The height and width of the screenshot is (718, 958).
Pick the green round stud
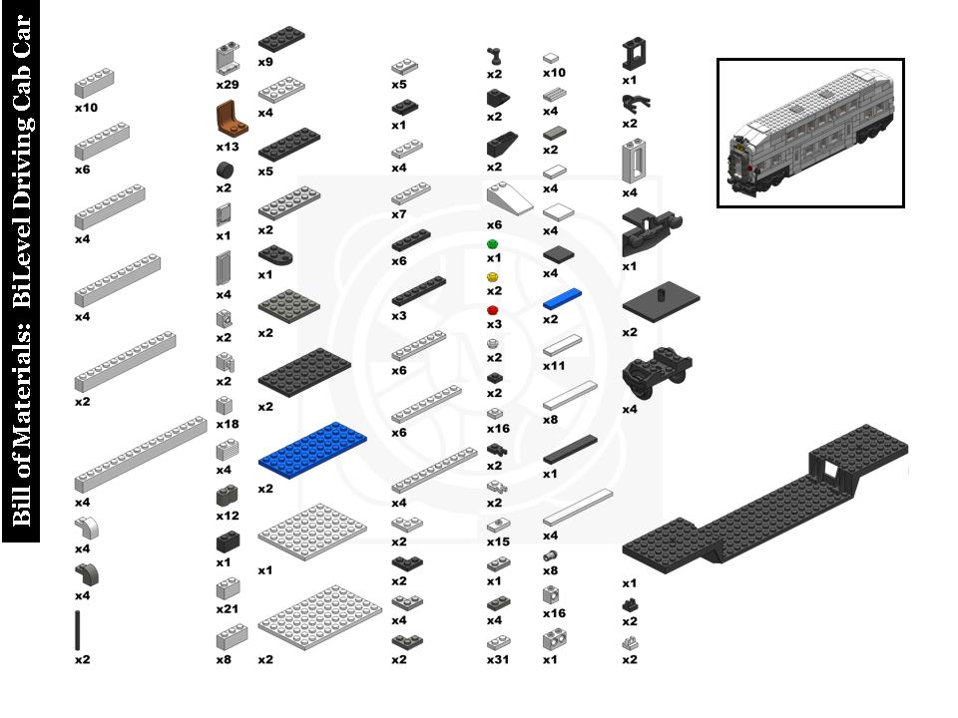(x=492, y=244)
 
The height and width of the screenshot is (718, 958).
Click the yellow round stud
(x=492, y=276)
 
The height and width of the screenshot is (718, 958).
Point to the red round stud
(x=492, y=310)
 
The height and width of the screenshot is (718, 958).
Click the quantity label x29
(x=229, y=87)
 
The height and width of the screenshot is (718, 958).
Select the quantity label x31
(x=498, y=660)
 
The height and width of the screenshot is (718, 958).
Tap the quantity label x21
(x=229, y=608)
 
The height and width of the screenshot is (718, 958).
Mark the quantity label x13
(x=229, y=146)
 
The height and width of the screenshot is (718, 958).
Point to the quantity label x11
(x=554, y=366)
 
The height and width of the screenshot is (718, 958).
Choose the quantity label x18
(x=229, y=424)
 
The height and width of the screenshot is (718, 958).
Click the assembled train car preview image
(x=810, y=133)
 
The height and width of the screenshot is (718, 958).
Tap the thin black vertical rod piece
(x=78, y=630)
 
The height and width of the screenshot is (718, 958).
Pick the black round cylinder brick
(x=225, y=170)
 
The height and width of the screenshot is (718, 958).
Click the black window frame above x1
(x=633, y=54)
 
